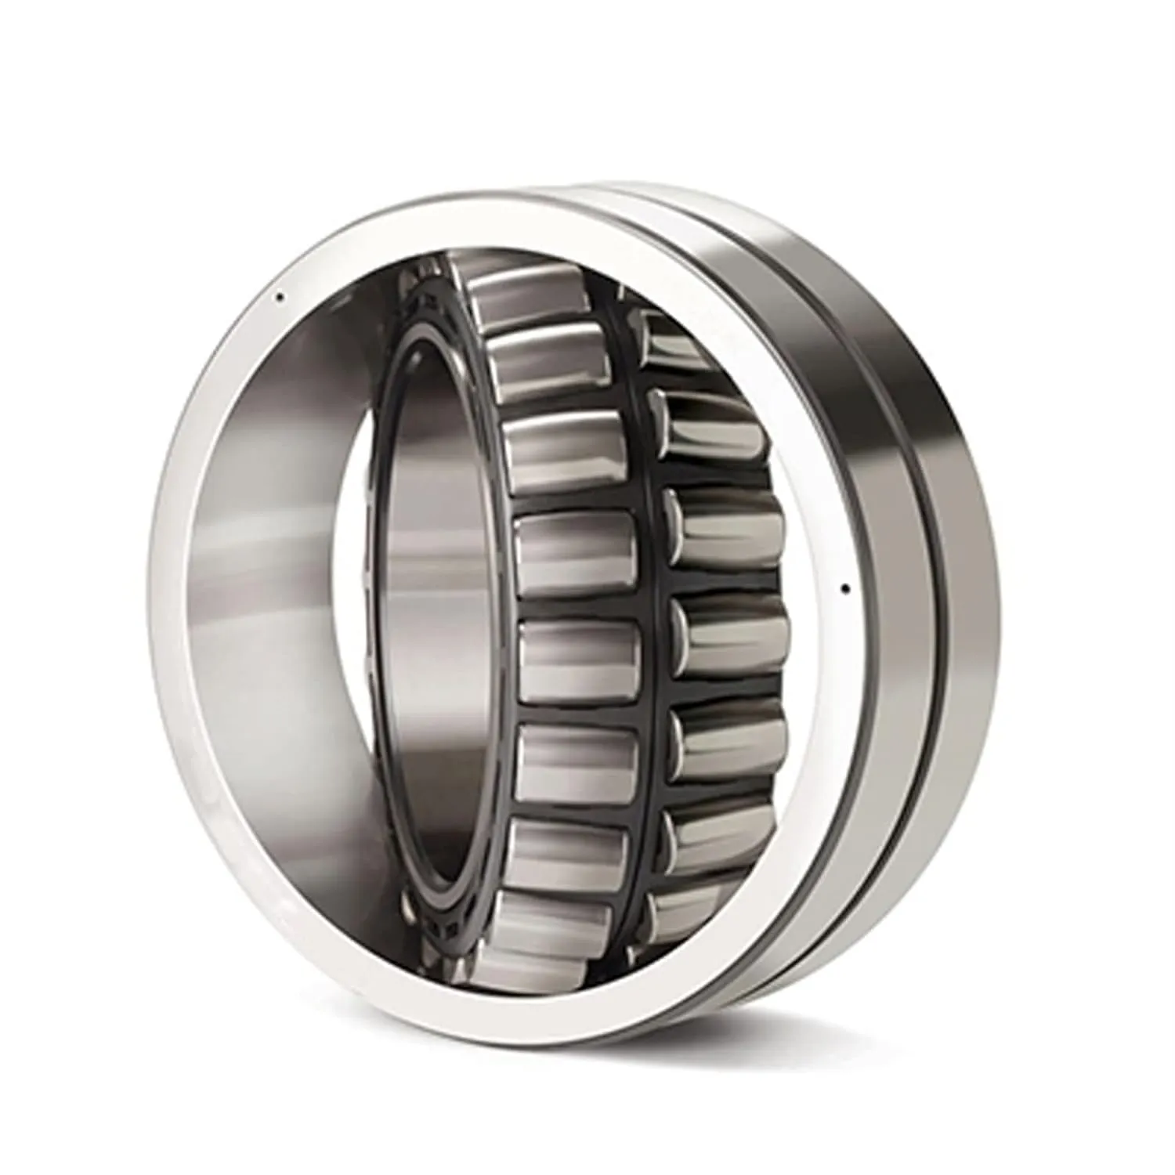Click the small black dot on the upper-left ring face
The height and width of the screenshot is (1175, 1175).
pyautogui.click(x=277, y=297)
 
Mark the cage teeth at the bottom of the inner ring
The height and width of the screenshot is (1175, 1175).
pyautogui.click(x=439, y=924)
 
